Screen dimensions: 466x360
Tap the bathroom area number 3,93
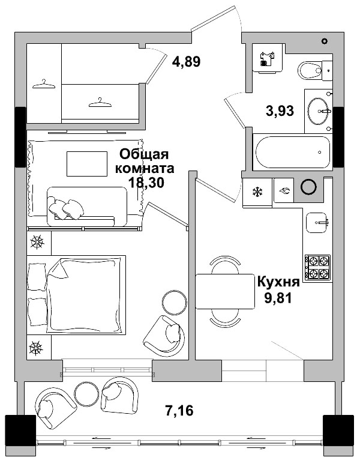coord(280,110)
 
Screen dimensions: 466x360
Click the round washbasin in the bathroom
coord(318,110)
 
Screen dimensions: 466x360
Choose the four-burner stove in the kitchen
coord(317,267)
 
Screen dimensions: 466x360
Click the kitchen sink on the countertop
coord(317,222)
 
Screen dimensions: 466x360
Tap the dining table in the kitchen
coord(225,291)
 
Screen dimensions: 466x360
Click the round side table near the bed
coord(175,301)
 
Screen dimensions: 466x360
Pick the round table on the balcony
coord(86,393)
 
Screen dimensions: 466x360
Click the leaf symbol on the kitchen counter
coord(284,192)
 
